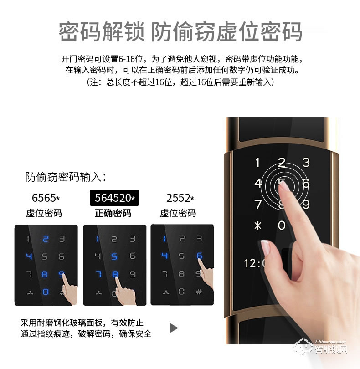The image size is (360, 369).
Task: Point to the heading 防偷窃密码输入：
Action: pos(66,177)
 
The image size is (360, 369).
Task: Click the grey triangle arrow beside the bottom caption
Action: pos(173,328)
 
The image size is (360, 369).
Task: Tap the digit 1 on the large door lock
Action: pos(258,163)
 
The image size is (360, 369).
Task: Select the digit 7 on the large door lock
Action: pos(258,204)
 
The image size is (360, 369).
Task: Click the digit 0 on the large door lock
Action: pos(282,225)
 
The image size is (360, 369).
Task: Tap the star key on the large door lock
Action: pos(258,225)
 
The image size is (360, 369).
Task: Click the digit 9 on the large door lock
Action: pos(306,205)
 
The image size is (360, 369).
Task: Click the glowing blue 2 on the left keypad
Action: pos(45,239)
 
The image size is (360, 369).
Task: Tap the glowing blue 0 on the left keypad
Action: pos(45,291)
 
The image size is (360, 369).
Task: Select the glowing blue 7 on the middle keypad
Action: pos(98,274)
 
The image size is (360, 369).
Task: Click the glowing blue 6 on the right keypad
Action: pos(199,256)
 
